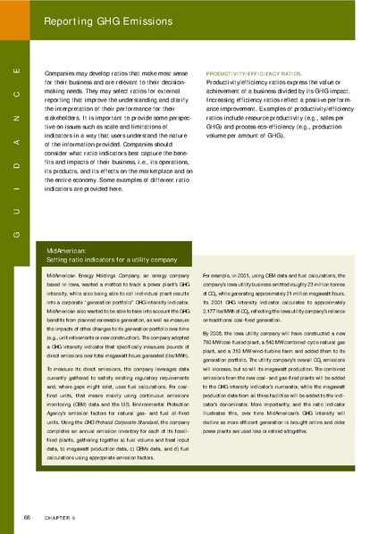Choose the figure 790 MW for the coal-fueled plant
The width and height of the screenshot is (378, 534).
(214, 342)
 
